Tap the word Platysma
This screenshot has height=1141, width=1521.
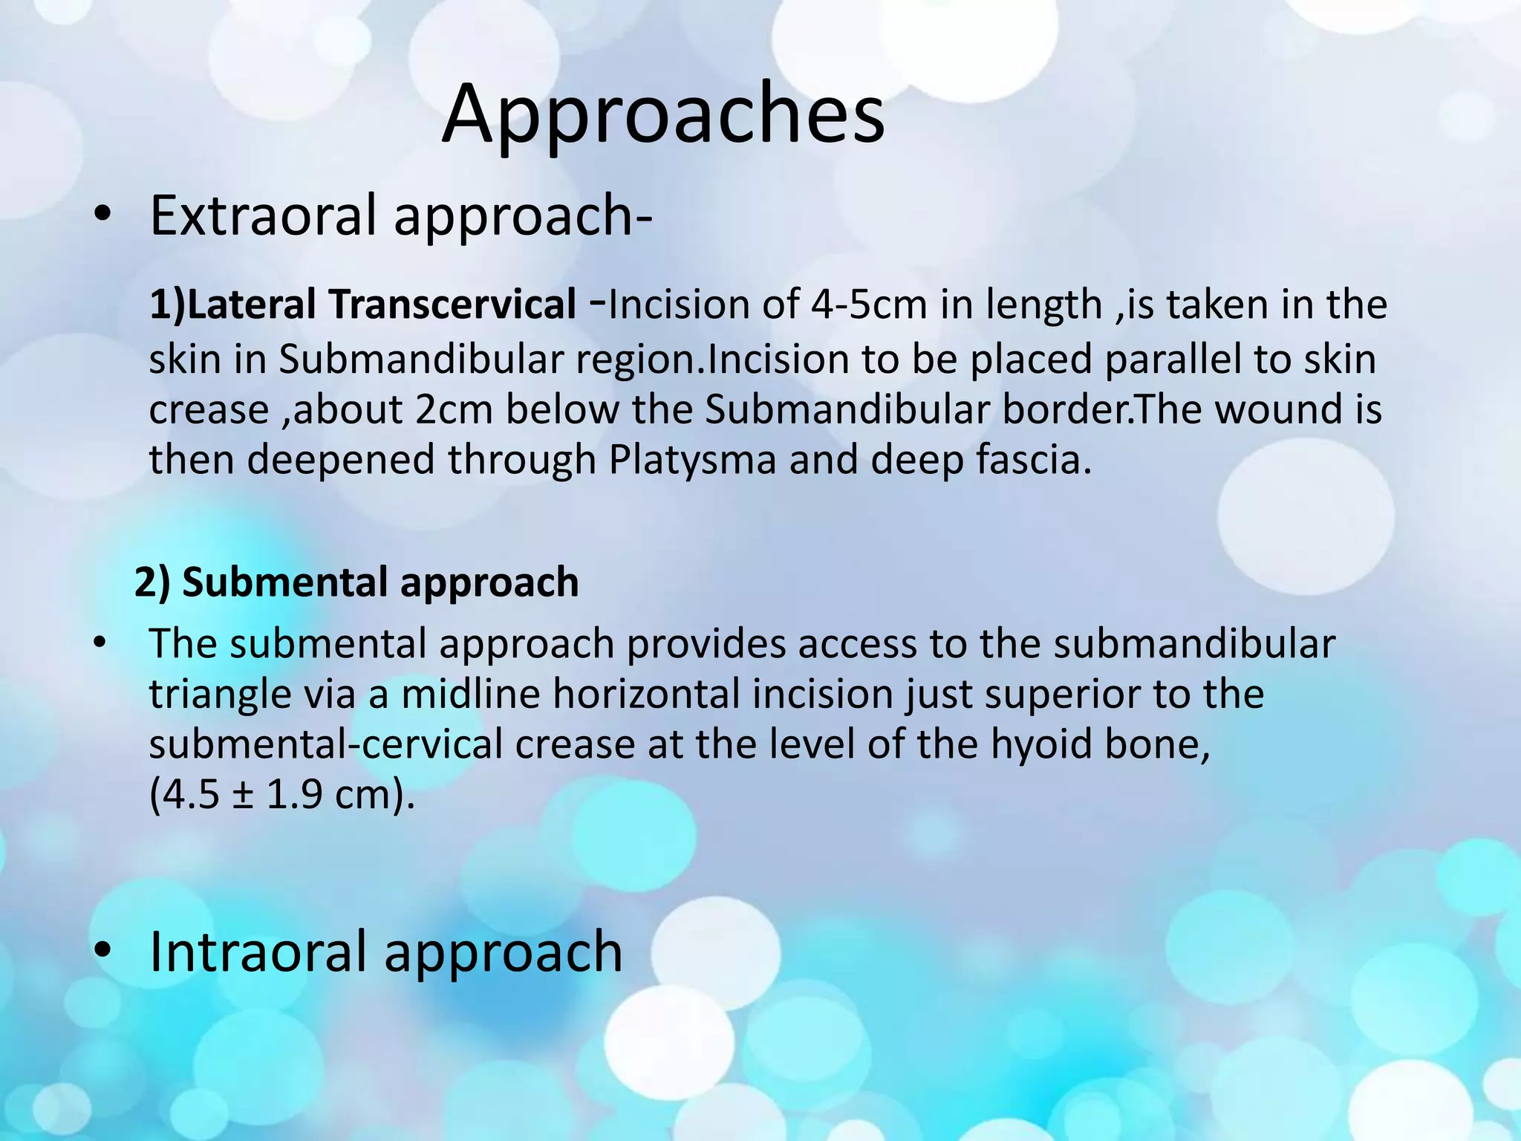point(692,460)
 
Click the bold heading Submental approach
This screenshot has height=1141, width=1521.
point(380,582)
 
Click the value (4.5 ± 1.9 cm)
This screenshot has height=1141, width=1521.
point(281,795)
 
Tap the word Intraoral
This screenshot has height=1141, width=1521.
point(260,952)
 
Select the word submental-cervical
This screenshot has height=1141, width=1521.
point(325,744)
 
